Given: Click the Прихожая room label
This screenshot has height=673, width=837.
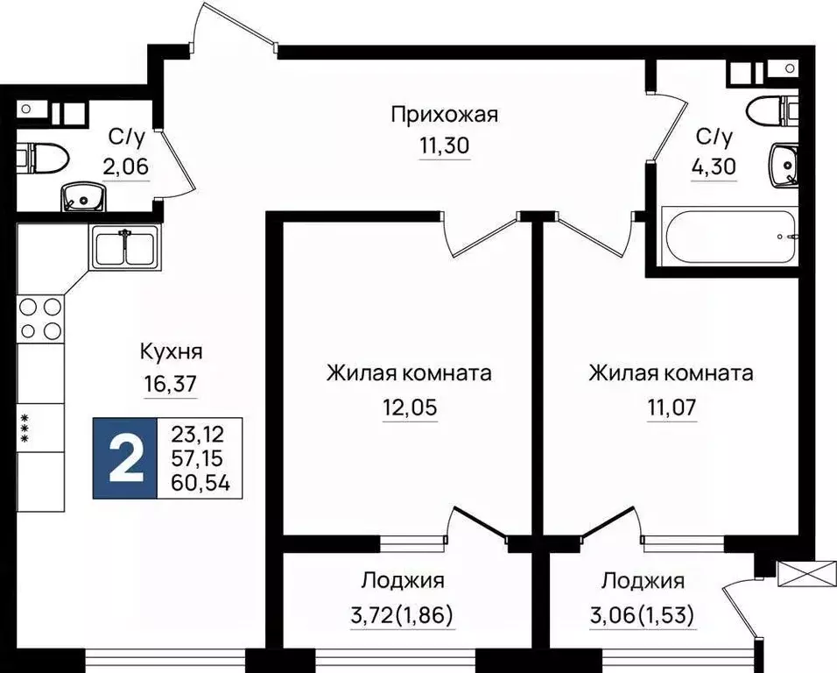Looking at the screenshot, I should (444, 114).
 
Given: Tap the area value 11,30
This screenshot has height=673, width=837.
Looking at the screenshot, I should (444, 145).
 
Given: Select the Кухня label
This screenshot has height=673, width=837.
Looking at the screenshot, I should (172, 352).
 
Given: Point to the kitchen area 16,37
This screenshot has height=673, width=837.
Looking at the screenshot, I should (172, 383).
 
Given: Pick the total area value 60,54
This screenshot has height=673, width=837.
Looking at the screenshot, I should (200, 481).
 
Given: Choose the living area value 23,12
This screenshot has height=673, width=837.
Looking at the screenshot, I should (200, 433).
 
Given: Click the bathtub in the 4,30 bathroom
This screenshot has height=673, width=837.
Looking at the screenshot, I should (728, 236).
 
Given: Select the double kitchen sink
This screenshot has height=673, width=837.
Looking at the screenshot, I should (124, 246).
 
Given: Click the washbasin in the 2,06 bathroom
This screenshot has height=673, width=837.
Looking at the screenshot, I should (82, 198).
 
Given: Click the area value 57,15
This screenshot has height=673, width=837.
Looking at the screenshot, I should (200, 457).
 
